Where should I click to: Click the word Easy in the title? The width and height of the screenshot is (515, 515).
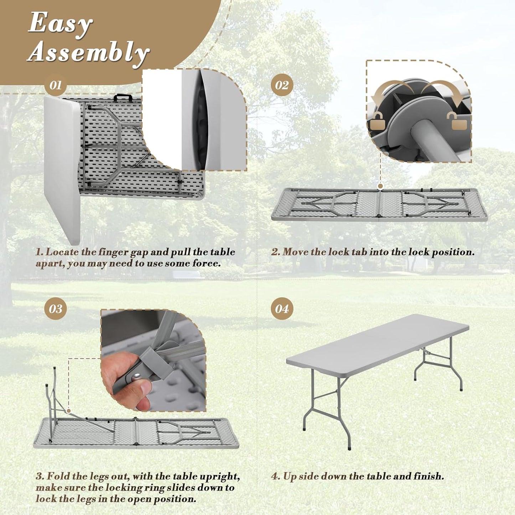[x=60, y=24]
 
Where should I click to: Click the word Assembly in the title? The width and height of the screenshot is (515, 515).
[x=88, y=52]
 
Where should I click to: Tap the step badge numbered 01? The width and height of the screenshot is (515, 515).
[x=55, y=85]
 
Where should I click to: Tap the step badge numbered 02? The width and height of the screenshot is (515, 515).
[x=282, y=85]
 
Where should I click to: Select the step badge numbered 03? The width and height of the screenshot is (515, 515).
[x=55, y=309]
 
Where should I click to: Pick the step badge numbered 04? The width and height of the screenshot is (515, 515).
[x=282, y=309]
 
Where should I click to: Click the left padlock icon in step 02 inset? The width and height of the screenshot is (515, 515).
[x=378, y=123]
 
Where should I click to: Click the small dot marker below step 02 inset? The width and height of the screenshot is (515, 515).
[x=380, y=186]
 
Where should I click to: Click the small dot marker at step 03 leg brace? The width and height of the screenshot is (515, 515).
[x=68, y=411]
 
